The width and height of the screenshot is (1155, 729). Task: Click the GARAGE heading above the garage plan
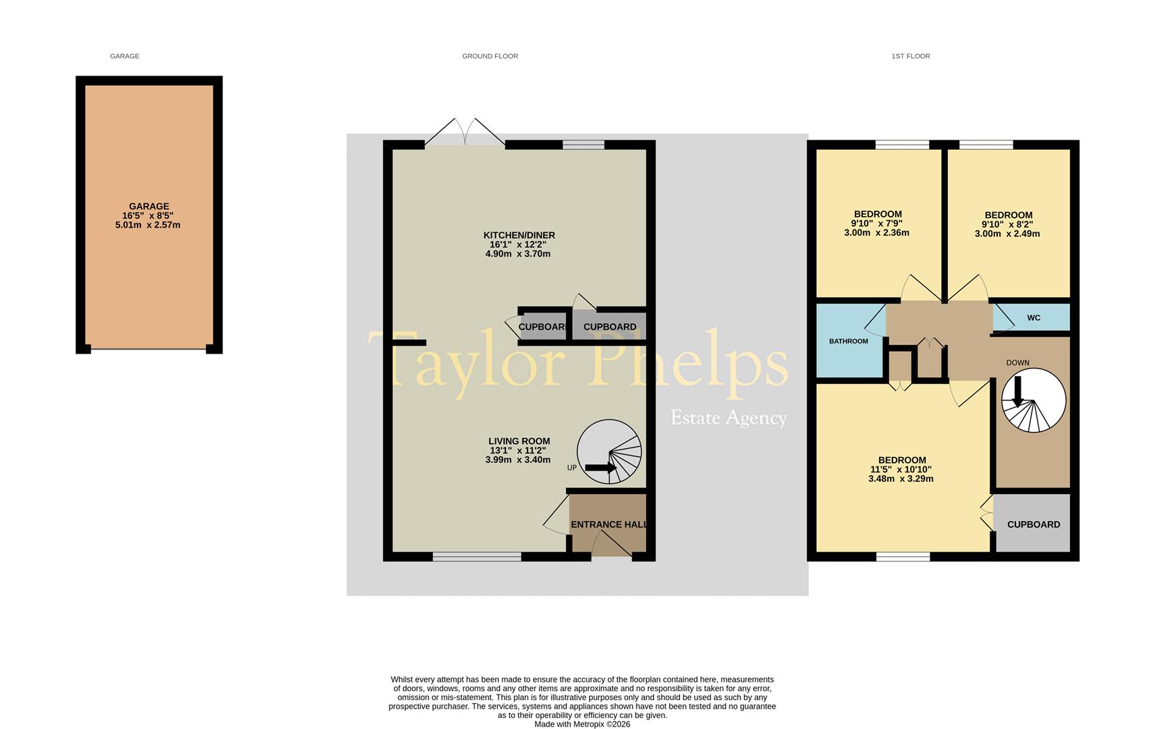pos(125,56)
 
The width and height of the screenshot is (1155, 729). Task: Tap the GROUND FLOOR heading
pos(490,56)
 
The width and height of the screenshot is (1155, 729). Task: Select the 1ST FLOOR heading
pos(910,56)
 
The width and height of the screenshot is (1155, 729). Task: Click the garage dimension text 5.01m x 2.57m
pos(148,225)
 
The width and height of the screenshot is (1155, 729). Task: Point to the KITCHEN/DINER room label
pos(519,236)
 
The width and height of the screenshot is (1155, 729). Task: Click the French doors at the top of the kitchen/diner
pos(465,132)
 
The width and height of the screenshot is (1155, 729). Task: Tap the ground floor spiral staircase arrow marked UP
pos(600,467)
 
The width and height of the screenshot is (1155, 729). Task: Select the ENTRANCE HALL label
pos(609,524)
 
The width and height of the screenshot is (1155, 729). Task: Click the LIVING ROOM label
pos(519,441)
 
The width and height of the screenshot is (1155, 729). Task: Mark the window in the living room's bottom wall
pos(476,557)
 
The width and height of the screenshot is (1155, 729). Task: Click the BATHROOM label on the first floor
pos(848,342)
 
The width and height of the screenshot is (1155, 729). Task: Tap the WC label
pos(1034,318)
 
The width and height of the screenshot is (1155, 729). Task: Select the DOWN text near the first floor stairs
pos(1017,363)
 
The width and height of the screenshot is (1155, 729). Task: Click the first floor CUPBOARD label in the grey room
pos(1033,524)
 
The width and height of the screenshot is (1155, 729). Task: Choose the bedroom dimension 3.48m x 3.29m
pos(901,479)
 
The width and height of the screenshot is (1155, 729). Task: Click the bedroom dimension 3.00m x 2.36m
pos(876,233)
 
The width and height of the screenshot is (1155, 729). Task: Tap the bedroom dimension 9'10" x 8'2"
pos(1007,225)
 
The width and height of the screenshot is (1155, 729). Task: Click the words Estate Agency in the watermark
pos(729,418)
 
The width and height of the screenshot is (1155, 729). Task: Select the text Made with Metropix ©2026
pos(582,724)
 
